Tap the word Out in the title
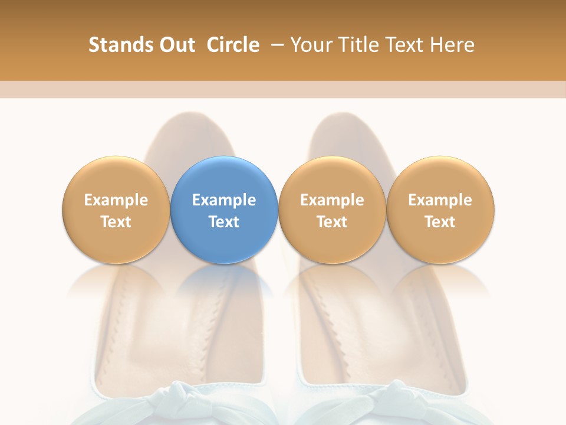[175, 45]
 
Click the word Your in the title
[309, 45]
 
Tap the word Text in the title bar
[402, 45]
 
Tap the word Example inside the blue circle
[224, 200]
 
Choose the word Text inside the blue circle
[224, 222]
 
